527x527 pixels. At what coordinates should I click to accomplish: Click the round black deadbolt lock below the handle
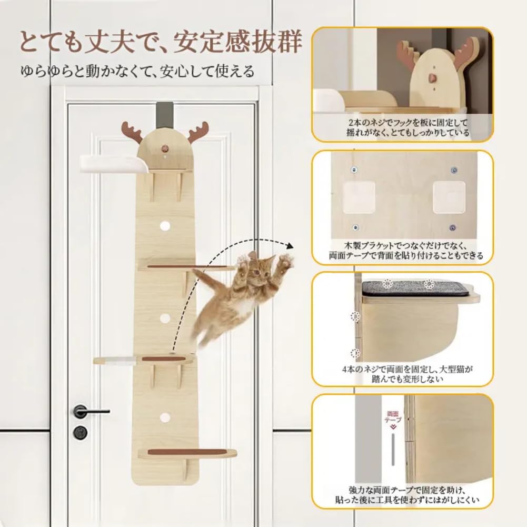click(81, 432)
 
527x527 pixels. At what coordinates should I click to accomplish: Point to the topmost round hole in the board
click(165, 225)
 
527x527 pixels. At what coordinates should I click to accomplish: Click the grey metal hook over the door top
click(166, 113)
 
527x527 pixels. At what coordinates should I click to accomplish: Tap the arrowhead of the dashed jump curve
click(290, 244)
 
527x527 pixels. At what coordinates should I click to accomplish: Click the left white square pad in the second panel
click(358, 197)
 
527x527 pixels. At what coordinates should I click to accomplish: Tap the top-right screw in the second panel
click(453, 170)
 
